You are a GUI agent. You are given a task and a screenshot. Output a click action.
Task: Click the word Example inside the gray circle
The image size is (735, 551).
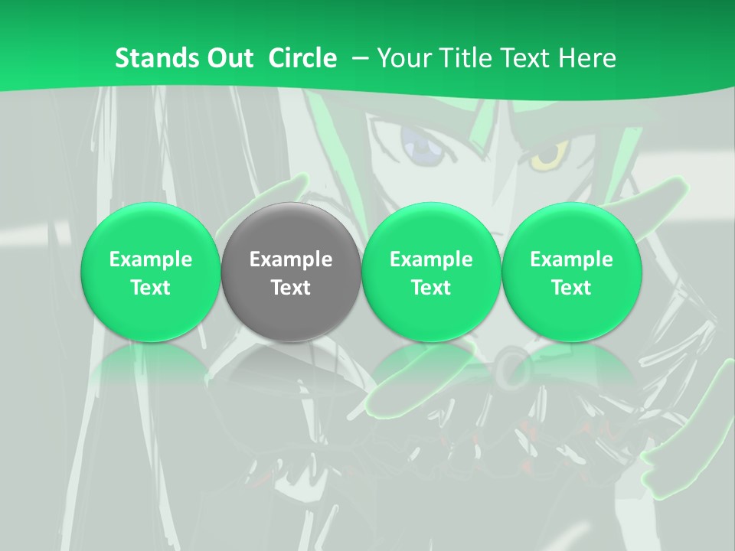(291, 259)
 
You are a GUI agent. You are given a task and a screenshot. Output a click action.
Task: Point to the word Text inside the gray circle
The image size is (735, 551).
(291, 288)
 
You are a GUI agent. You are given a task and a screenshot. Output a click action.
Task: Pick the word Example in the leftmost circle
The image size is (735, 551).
(151, 259)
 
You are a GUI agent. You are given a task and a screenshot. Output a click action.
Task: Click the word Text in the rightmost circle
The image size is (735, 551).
(571, 288)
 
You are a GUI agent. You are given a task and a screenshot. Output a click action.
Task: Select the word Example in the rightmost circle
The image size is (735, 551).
(571, 259)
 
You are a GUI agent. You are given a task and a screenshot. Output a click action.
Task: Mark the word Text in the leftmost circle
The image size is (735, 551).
(151, 288)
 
